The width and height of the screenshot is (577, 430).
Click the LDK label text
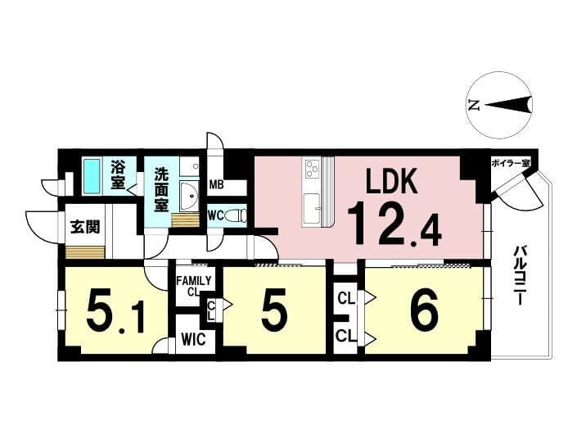(x=391, y=181)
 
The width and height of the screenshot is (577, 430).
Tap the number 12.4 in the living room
(x=394, y=225)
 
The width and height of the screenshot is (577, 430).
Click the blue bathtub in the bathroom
(x=92, y=175)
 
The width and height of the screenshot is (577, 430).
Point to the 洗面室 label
(x=160, y=189)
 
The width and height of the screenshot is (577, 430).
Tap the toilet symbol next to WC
(x=237, y=215)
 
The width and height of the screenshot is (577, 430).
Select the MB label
(x=216, y=184)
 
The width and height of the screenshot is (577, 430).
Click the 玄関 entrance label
(x=85, y=227)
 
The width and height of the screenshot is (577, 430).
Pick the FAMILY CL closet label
(x=194, y=286)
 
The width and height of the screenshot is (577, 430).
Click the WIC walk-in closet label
(x=194, y=339)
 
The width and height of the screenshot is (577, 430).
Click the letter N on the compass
(x=475, y=106)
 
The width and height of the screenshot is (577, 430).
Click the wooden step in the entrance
(x=85, y=252)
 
